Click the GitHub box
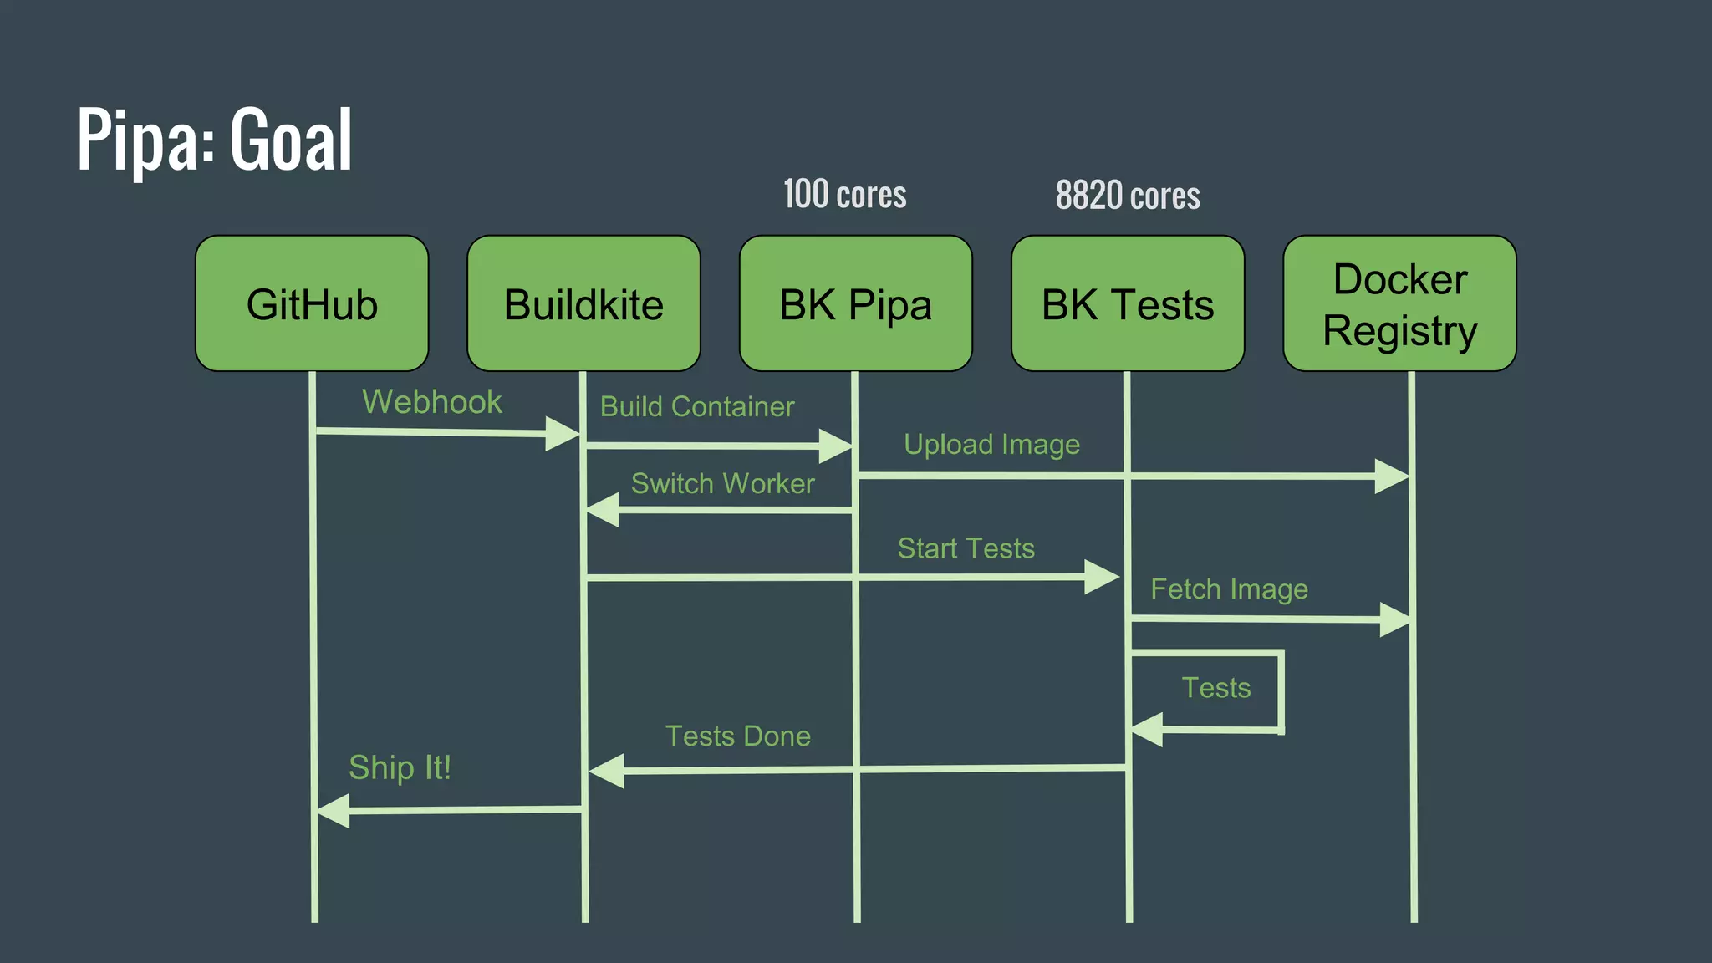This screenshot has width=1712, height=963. pyautogui.click(x=312, y=303)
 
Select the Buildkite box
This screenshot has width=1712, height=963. pyautogui.click(x=583, y=303)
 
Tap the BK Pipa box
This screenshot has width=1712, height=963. pyautogui.click(x=855, y=303)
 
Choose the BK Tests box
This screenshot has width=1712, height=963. pyautogui.click(x=1127, y=303)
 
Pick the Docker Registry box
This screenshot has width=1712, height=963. pyautogui.click(x=1399, y=303)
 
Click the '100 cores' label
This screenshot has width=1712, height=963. pyautogui.click(x=844, y=195)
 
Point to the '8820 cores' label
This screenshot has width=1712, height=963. pyautogui.click(x=1128, y=196)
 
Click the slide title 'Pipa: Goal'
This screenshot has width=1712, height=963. pyautogui.click(x=215, y=140)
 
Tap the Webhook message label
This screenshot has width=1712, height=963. pyautogui.click(x=431, y=402)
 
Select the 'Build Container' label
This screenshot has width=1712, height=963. pyautogui.click(x=697, y=407)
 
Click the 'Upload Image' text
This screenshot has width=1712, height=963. pyautogui.click(x=991, y=445)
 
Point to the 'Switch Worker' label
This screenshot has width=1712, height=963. pyautogui.click(x=722, y=484)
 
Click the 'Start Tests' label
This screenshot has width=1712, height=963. pyautogui.click(x=966, y=549)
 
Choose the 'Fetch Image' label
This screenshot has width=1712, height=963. pyautogui.click(x=1229, y=589)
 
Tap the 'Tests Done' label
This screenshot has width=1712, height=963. pyautogui.click(x=737, y=736)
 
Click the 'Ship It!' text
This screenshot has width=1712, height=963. pyautogui.click(x=400, y=767)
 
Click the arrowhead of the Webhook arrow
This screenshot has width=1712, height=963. pyautogui.click(x=562, y=434)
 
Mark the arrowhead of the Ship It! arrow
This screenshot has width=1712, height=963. pyautogui.click(x=334, y=811)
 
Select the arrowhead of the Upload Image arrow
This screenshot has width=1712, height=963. pyautogui.click(x=1391, y=476)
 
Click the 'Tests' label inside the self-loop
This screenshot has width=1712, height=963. pyautogui.click(x=1215, y=688)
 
